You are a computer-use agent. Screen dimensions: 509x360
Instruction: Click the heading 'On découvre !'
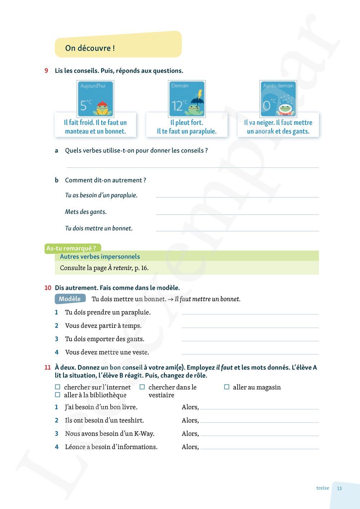click(90, 48)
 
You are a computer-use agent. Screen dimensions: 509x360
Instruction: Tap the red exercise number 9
click(46, 71)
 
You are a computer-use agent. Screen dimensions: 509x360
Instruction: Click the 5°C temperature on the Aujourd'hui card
click(86, 105)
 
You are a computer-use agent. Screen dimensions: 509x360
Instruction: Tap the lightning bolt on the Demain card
click(200, 94)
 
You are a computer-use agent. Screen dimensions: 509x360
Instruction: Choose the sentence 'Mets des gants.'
click(86, 212)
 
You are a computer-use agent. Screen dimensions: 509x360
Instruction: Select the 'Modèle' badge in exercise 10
click(70, 299)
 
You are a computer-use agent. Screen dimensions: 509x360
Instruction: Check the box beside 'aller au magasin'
click(227, 387)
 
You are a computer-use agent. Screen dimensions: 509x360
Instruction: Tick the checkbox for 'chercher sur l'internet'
click(58, 387)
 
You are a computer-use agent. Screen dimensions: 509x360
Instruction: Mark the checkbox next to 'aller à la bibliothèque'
click(58, 395)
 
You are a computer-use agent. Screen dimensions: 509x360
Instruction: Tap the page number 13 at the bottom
click(339, 488)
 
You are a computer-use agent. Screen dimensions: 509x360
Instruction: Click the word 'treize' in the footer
click(323, 488)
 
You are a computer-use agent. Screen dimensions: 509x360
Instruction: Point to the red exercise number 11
click(48, 367)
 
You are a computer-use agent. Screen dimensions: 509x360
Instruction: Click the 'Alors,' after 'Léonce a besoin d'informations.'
click(190, 447)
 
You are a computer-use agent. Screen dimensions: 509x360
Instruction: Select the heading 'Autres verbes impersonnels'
click(100, 256)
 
